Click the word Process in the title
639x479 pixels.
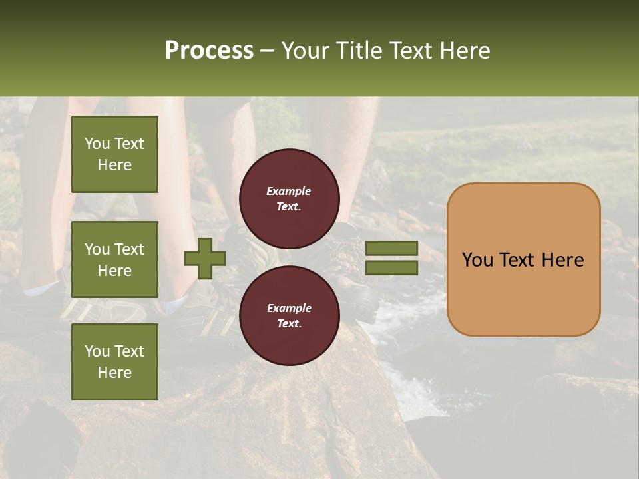pos(209,51)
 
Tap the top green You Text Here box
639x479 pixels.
pos(114,154)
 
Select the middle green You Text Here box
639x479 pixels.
pos(114,259)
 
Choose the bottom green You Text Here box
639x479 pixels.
pos(114,361)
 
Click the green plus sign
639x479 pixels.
pos(204,258)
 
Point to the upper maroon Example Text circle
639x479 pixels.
pos(289,199)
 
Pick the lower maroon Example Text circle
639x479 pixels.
pos(289,316)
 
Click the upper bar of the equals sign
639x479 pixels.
pos(391,248)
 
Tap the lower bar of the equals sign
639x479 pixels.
pos(391,268)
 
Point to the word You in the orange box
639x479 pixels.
pos(477,260)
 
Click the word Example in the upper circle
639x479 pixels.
pos(289,191)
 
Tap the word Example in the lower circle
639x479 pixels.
pos(289,308)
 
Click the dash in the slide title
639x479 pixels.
pos(267,51)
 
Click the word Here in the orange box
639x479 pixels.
pos(562,260)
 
